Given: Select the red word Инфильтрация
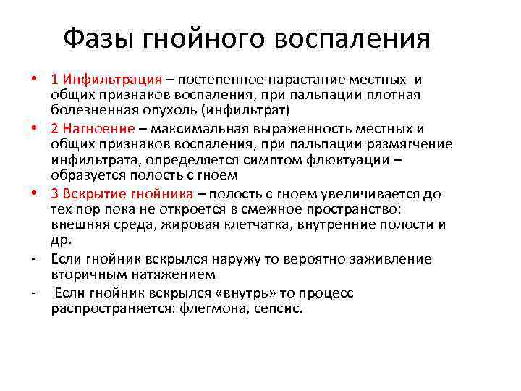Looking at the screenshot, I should click(x=112, y=79).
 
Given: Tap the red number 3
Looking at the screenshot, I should click(x=55, y=193).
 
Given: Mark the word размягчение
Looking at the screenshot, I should click(x=410, y=144).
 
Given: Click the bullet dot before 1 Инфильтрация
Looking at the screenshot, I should click(x=33, y=79).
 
